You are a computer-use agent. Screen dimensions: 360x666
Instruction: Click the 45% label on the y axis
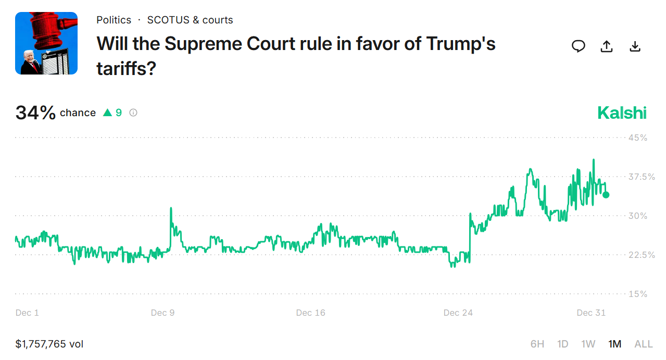[x=637, y=138]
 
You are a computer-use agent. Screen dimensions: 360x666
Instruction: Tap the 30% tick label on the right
[x=637, y=216]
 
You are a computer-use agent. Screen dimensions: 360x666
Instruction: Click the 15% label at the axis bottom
[x=637, y=294]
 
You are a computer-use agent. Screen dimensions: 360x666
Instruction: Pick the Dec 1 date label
[x=27, y=313]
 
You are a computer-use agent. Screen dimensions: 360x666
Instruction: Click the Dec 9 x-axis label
[x=162, y=313]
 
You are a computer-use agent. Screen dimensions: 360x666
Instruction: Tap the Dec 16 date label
[x=310, y=313]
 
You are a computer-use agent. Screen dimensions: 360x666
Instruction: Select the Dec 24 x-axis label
[x=458, y=313]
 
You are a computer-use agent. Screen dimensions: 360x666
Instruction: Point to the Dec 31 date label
[x=591, y=313]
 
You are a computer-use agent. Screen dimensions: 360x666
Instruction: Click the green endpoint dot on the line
[x=606, y=195]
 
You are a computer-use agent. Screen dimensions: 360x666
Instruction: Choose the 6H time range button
[x=537, y=344]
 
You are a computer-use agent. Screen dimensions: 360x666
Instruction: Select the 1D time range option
[x=562, y=344]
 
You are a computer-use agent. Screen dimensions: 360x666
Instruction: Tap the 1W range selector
[x=588, y=344]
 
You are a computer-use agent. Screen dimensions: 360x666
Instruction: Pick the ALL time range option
[x=643, y=344]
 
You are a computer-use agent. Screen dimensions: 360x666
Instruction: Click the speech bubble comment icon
[x=578, y=46]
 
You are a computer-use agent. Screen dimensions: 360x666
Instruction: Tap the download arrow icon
[x=634, y=46]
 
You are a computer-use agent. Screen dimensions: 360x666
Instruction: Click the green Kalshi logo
[x=622, y=113]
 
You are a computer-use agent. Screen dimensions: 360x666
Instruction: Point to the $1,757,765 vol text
[x=49, y=344]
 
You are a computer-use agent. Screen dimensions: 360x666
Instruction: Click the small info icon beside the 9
[x=133, y=113]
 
